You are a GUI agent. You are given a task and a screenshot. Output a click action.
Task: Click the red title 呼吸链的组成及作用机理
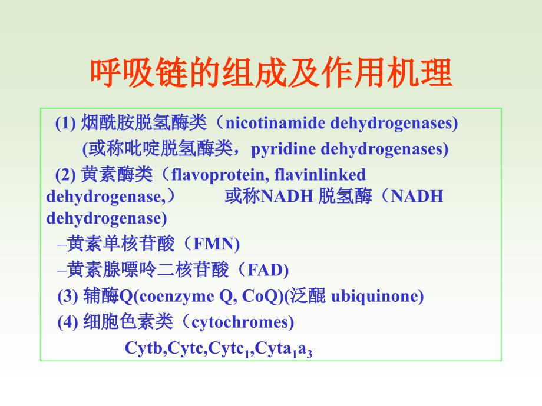point(272,73)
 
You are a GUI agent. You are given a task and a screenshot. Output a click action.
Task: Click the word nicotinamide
point(275,123)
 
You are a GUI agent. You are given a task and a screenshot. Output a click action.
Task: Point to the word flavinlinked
point(320,174)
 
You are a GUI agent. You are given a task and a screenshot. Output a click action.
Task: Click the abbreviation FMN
point(214,244)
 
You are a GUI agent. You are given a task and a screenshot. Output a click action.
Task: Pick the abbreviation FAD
point(266,270)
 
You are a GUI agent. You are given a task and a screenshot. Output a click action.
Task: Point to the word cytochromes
point(240,322)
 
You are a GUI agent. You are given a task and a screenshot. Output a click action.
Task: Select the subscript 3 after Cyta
point(309,353)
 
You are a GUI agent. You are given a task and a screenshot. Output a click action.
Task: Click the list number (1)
point(65,123)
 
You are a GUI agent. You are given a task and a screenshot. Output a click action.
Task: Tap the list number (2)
point(65,175)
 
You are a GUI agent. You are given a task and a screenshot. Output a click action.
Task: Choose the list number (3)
point(68,296)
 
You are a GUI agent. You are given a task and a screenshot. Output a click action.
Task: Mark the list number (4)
point(68,322)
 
